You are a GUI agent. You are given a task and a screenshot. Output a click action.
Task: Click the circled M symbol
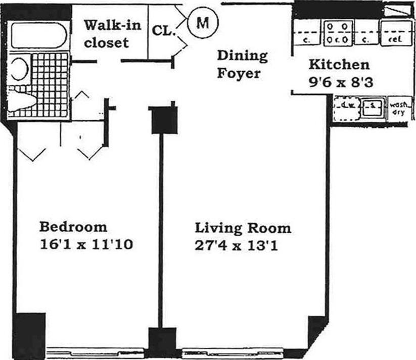tap(202, 22)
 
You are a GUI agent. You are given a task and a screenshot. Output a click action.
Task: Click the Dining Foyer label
tap(242, 64)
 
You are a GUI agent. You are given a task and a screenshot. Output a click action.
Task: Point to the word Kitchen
tap(339, 64)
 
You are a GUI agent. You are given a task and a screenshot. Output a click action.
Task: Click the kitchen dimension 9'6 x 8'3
tap(341, 81)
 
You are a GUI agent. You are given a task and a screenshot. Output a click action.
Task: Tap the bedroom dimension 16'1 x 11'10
tap(86, 245)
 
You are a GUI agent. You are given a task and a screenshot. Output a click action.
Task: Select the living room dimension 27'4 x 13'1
tap(237, 246)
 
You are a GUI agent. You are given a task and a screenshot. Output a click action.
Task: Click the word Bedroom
tap(73, 226)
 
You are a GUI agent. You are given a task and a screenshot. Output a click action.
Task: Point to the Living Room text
tap(243, 228)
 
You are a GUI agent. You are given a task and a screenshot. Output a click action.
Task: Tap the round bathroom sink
tap(20, 69)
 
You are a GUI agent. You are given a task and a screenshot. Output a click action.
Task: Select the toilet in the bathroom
tap(22, 99)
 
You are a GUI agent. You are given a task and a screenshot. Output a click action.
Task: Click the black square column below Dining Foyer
tap(164, 120)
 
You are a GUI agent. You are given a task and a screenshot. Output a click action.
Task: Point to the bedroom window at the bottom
tap(97, 351)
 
